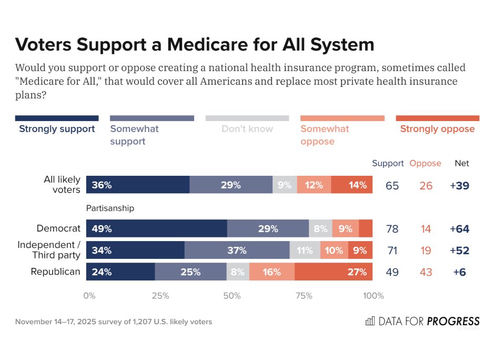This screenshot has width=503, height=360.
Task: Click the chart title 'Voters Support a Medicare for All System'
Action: click(x=195, y=44)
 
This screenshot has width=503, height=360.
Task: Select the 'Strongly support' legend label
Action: click(x=57, y=129)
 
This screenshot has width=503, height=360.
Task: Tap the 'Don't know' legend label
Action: click(x=247, y=129)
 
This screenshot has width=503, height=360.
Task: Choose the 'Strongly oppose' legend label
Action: click(x=437, y=129)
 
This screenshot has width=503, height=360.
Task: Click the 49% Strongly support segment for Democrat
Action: click(x=156, y=229)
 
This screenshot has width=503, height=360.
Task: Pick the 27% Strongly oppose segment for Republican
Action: click(x=334, y=272)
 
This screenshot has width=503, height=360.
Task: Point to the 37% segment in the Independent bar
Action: click(x=237, y=251)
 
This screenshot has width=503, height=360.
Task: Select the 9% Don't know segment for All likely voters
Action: click(x=285, y=185)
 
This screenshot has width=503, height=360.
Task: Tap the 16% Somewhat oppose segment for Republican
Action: click(x=272, y=272)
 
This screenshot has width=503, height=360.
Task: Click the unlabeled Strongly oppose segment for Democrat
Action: click(x=366, y=229)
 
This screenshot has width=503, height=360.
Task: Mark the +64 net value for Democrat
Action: click(x=459, y=229)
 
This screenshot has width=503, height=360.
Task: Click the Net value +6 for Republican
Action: click(x=459, y=272)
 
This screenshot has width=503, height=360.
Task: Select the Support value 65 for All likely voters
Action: click(x=392, y=186)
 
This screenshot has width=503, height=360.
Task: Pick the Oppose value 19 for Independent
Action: click(x=426, y=251)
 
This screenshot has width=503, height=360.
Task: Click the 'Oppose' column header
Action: click(x=425, y=163)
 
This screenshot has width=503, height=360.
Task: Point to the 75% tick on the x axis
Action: click(x=304, y=296)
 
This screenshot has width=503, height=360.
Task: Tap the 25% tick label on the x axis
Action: click(x=160, y=296)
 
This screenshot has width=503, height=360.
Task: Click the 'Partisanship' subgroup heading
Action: click(x=110, y=208)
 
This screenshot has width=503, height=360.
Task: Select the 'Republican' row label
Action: click(x=55, y=272)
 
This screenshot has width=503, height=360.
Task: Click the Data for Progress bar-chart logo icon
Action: click(x=370, y=321)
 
